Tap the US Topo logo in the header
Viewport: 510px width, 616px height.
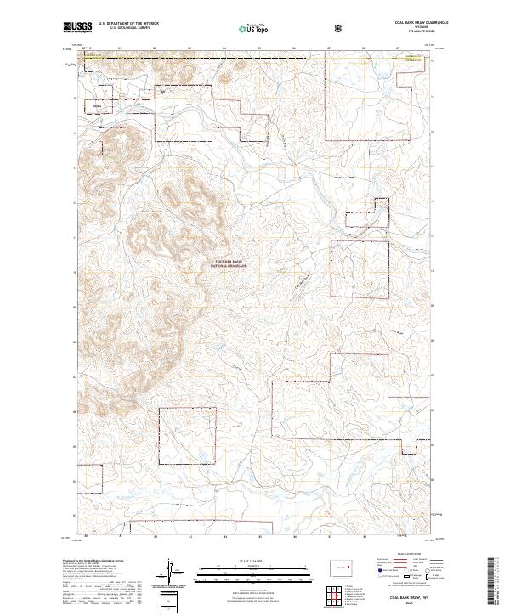(x=256, y=27)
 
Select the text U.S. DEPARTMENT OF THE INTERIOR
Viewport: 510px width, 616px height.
(x=128, y=23)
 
